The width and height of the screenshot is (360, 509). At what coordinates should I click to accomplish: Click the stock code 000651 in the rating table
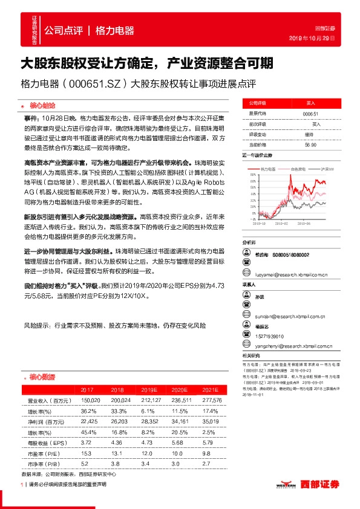310,114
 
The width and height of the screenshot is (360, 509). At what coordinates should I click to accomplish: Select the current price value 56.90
310,145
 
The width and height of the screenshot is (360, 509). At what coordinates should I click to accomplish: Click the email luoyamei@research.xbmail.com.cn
290,274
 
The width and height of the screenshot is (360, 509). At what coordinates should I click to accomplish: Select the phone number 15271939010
272,336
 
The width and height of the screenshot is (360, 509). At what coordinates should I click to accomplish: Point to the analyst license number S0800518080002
291,255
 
